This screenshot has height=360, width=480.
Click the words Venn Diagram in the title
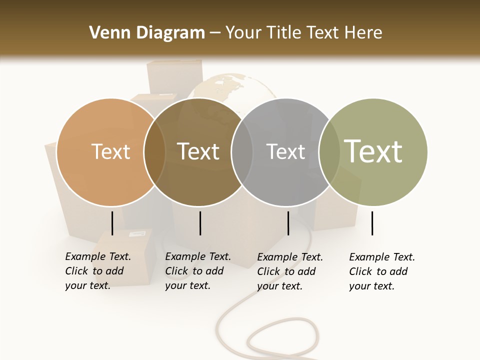click(x=147, y=33)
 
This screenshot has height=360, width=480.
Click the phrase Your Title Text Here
click(x=303, y=33)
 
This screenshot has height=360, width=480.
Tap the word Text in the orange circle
click(x=110, y=151)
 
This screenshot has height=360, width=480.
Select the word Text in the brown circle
click(x=198, y=151)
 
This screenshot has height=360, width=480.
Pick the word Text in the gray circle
click(x=285, y=151)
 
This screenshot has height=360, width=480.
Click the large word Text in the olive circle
click(x=373, y=151)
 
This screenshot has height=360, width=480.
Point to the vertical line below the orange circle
click(x=112, y=223)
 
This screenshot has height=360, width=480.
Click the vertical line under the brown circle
click(x=200, y=223)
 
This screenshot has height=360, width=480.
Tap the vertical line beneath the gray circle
click(x=288, y=223)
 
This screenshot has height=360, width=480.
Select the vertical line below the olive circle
click(x=372, y=223)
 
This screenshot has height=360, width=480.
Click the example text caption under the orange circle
click(x=97, y=271)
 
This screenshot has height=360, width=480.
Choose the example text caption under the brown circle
click(x=197, y=271)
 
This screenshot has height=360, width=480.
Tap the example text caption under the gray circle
click(x=289, y=271)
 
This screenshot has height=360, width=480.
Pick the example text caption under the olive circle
click(x=381, y=271)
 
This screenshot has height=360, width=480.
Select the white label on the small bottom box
click(x=140, y=233)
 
